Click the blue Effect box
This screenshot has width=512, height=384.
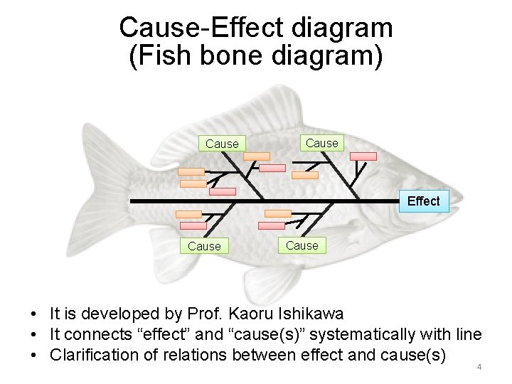423,201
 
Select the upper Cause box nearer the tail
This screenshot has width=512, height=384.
222,144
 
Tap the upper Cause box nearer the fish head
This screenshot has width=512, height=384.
321,143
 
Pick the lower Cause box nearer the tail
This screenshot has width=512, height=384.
204,246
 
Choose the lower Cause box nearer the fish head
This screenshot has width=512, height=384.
302,245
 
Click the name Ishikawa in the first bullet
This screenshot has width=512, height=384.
310,313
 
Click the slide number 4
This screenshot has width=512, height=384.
479,367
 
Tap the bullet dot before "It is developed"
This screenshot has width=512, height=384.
34,314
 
